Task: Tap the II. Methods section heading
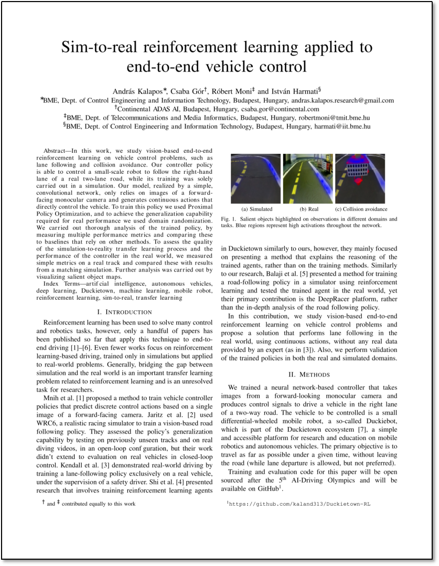tap(309, 374)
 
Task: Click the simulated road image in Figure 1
tap(255, 179)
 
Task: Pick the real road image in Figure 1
tap(308, 179)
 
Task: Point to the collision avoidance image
tap(360, 179)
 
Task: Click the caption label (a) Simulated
tap(256, 209)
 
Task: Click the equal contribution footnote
tap(89, 504)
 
